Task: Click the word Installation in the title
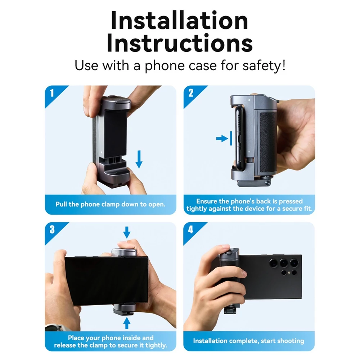(179, 21)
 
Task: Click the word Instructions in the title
(180, 43)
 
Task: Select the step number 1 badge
(52, 93)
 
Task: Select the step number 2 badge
(191, 93)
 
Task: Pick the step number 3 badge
(52, 229)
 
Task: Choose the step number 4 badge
(191, 229)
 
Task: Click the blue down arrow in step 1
(139, 159)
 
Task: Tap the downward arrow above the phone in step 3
(127, 232)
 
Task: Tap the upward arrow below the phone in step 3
(127, 323)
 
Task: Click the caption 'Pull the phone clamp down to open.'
(111, 204)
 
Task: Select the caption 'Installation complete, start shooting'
(249, 341)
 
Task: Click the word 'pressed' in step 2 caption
(291, 201)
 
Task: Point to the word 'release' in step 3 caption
(65, 345)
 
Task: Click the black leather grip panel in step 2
(268, 142)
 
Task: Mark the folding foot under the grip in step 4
(230, 310)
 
